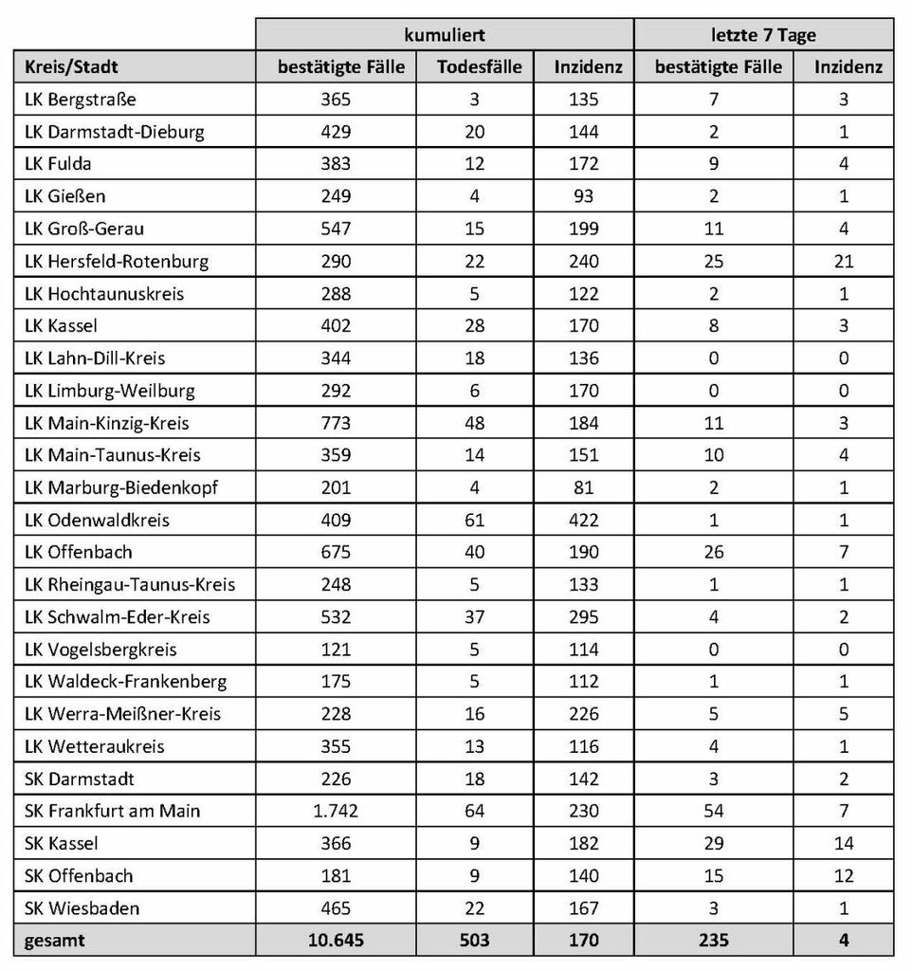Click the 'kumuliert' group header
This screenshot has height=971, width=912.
tap(446, 35)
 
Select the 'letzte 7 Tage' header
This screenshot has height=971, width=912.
tap(763, 35)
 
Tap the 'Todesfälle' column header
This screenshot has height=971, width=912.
tap(480, 67)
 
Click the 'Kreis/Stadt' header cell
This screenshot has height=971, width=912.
tap(73, 67)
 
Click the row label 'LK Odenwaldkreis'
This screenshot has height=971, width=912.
tap(98, 520)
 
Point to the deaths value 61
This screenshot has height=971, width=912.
tap(474, 520)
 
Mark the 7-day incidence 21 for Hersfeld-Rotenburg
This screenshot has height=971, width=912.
tap(842, 261)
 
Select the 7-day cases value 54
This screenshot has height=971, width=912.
tap(713, 811)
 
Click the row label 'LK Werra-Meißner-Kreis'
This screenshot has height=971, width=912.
tap(123, 714)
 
